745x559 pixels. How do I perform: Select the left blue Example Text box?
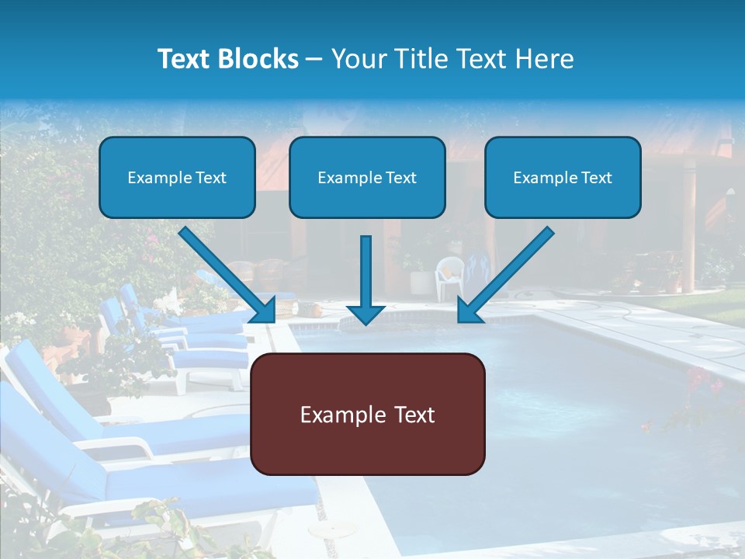(x=177, y=177)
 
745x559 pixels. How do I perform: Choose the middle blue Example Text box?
(x=367, y=177)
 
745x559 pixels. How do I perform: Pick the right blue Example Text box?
(x=563, y=177)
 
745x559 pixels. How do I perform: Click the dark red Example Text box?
(x=368, y=414)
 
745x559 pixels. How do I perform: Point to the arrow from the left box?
(x=225, y=272)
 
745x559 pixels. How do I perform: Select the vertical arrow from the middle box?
(x=366, y=272)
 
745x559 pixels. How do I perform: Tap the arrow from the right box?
(x=508, y=272)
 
